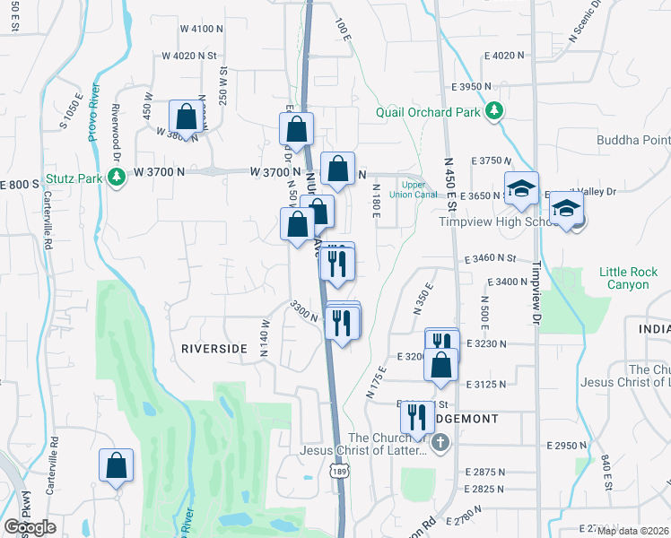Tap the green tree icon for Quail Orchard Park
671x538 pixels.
(x=493, y=111)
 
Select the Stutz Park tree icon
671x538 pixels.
(x=115, y=178)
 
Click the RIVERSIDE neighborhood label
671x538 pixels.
(x=213, y=347)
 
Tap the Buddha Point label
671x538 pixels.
(x=633, y=140)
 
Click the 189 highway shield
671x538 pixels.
(x=338, y=471)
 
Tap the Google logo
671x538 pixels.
(x=30, y=527)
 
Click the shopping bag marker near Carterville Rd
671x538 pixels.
(x=117, y=465)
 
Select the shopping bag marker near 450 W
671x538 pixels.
(x=186, y=117)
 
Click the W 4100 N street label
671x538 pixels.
(x=201, y=30)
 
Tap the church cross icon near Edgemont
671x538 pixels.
(x=440, y=443)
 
